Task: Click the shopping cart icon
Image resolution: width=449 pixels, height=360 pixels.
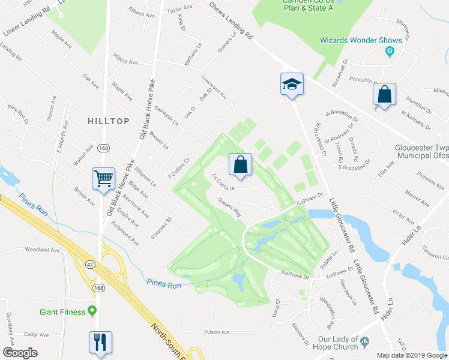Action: [x=103, y=178]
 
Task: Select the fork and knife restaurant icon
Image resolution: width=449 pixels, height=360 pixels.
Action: [x=100, y=341]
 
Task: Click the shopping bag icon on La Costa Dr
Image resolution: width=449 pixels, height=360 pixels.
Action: [x=240, y=164]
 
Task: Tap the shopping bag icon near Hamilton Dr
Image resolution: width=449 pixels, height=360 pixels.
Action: [x=384, y=94]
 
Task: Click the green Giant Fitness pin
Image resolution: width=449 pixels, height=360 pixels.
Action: [x=92, y=311]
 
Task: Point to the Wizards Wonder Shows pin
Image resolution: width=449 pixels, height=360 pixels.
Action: [x=390, y=51]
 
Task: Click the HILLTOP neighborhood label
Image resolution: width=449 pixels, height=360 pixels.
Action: [x=109, y=121]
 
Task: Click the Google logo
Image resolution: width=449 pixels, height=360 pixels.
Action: [x=20, y=353]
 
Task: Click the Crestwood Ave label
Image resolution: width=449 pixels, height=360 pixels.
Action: [x=214, y=87]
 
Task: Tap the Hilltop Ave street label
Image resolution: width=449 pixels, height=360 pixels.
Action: [x=125, y=62]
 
